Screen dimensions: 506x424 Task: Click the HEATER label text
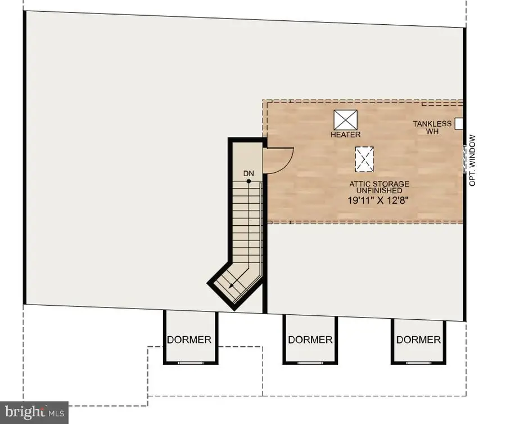point(345,135)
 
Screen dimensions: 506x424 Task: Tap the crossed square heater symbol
point(346,120)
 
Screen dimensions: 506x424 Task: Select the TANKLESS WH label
point(432,127)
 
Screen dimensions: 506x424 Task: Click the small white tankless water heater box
point(459,124)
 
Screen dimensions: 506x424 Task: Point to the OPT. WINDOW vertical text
point(472,160)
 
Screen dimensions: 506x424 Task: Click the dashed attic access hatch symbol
point(364,159)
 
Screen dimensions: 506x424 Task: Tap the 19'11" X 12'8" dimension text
point(378,200)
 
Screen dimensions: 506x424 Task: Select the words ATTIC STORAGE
point(379,184)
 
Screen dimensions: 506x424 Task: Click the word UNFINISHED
point(379,191)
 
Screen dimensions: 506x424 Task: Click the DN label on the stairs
point(249,173)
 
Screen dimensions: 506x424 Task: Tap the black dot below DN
point(249,181)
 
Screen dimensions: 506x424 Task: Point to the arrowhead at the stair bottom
point(231,285)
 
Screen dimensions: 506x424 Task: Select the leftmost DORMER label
point(189,340)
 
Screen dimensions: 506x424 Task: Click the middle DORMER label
point(310,340)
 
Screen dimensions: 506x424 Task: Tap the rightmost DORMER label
point(418,340)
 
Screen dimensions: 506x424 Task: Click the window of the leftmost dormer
point(191,363)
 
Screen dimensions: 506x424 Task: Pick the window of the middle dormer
point(310,363)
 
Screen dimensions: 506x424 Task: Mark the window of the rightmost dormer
point(418,363)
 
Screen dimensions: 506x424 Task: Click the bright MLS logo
point(34,412)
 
